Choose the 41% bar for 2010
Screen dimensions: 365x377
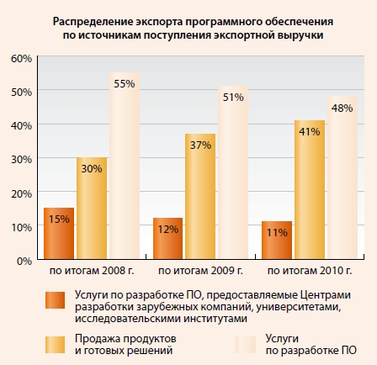point(310,190)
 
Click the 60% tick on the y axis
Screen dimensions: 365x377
point(21,58)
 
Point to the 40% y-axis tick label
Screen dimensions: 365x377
point(21,125)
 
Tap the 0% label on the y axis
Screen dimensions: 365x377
point(24,261)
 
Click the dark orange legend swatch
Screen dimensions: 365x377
point(57,300)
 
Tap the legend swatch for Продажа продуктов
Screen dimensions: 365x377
point(57,344)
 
